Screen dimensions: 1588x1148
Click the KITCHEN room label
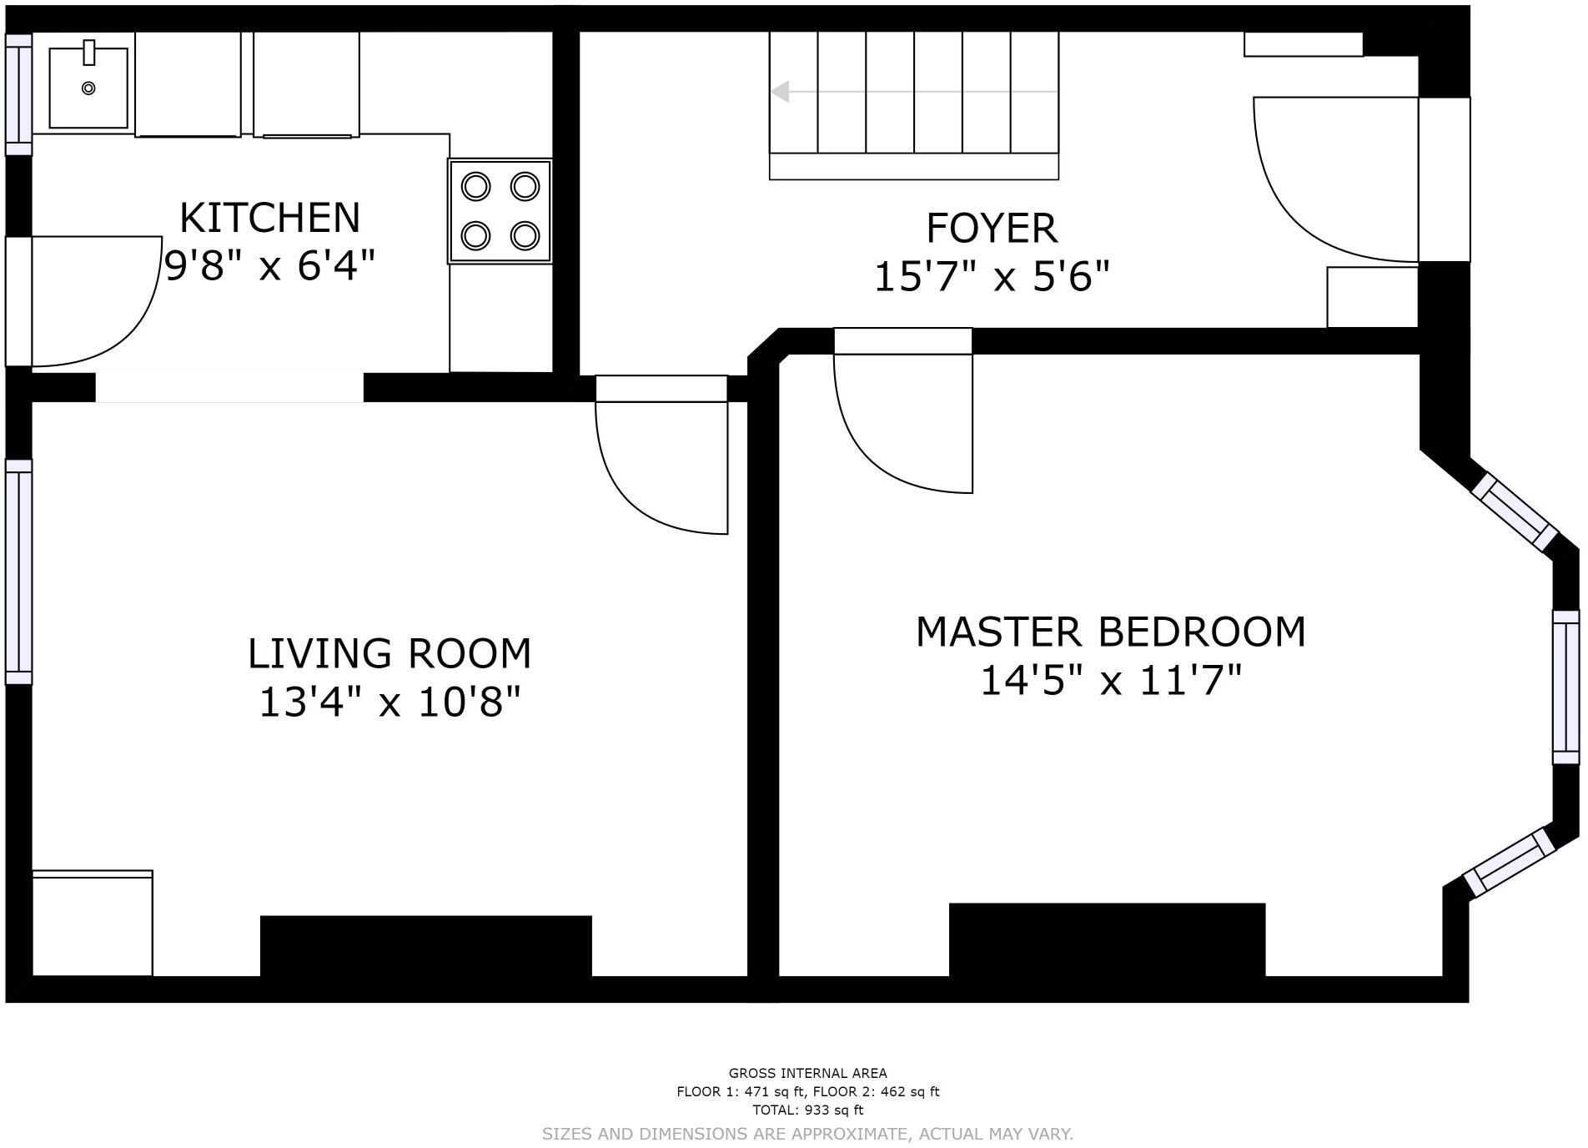269,218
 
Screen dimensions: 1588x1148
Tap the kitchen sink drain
88,88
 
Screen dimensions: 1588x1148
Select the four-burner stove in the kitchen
500,211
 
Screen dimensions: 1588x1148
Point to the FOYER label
992,228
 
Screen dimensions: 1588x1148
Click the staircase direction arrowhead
780,92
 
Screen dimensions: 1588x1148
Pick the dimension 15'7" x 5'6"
992,276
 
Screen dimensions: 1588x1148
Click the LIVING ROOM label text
389,653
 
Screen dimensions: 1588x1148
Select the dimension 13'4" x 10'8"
389,702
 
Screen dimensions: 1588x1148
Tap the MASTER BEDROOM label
1111,632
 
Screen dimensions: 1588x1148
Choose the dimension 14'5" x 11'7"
1111,680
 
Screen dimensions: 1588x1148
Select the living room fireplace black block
426,945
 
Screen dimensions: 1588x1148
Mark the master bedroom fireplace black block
1107,939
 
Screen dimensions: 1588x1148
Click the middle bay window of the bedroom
1565,687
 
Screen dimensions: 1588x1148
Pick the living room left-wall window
18,571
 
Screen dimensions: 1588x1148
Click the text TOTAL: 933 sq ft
807,1110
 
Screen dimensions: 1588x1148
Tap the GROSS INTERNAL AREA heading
807,1073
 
